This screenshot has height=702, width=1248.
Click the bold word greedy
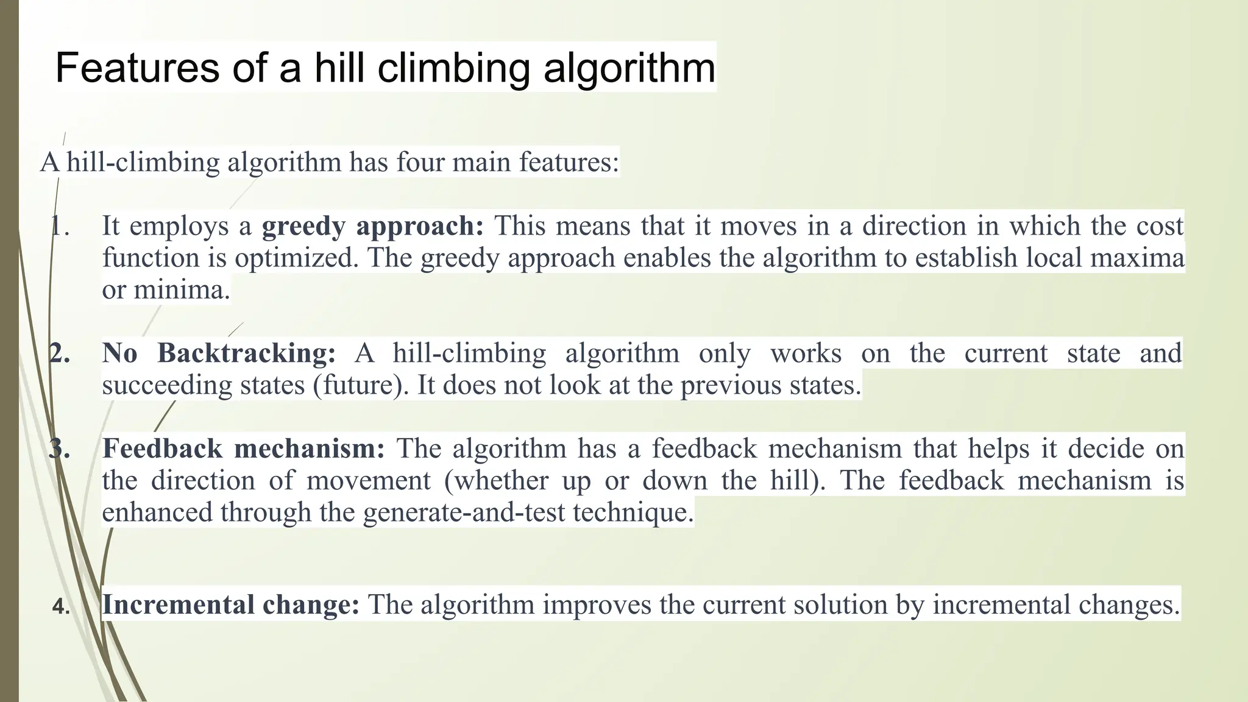(x=303, y=227)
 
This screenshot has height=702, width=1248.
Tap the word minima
(x=182, y=289)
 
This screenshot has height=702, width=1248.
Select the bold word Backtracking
(x=246, y=353)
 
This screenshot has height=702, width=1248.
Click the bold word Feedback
(x=162, y=449)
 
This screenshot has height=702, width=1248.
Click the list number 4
(x=60, y=607)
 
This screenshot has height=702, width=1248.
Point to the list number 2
(x=60, y=354)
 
